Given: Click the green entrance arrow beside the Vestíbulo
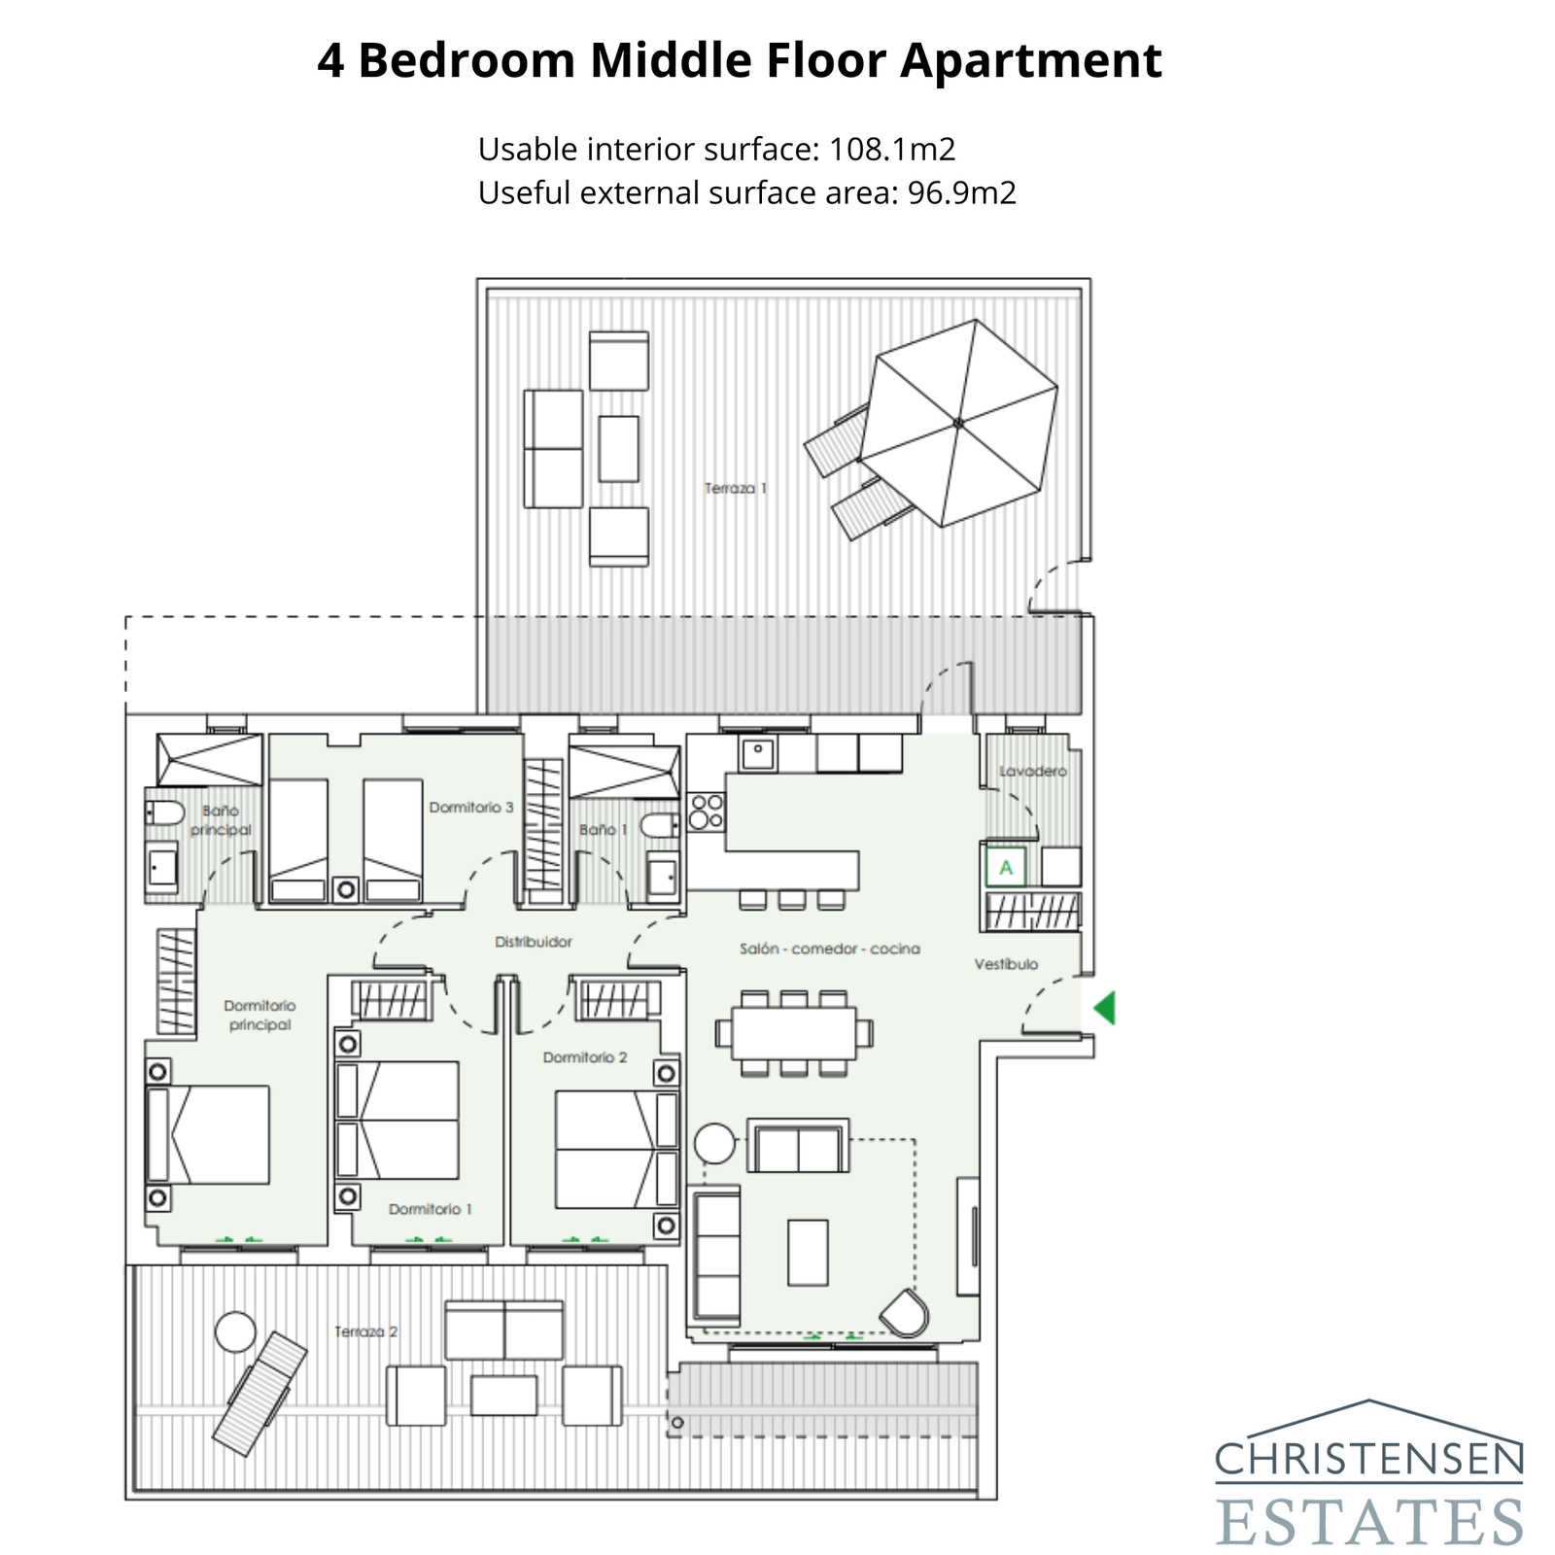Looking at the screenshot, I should click(1105, 1008).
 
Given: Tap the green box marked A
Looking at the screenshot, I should click(1006, 867).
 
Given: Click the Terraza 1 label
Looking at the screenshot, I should click(736, 488).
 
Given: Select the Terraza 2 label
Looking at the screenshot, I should click(366, 1331).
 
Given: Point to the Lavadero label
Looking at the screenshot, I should click(1033, 771).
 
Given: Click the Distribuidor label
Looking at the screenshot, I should click(534, 942).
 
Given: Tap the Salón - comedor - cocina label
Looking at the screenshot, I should click(829, 949).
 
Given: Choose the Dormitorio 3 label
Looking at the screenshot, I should click(471, 807).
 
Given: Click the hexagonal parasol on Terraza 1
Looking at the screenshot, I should click(958, 423).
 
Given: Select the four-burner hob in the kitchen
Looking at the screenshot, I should click(707, 812).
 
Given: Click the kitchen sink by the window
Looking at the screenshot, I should click(757, 752).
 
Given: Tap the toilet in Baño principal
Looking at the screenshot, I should click(165, 813).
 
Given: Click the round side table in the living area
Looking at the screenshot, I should click(715, 1144).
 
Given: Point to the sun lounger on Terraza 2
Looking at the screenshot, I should click(259, 1394).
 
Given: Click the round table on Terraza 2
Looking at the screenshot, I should click(235, 1331).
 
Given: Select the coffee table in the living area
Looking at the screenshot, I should click(808, 1253).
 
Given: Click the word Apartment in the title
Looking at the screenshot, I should click(1030, 60).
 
